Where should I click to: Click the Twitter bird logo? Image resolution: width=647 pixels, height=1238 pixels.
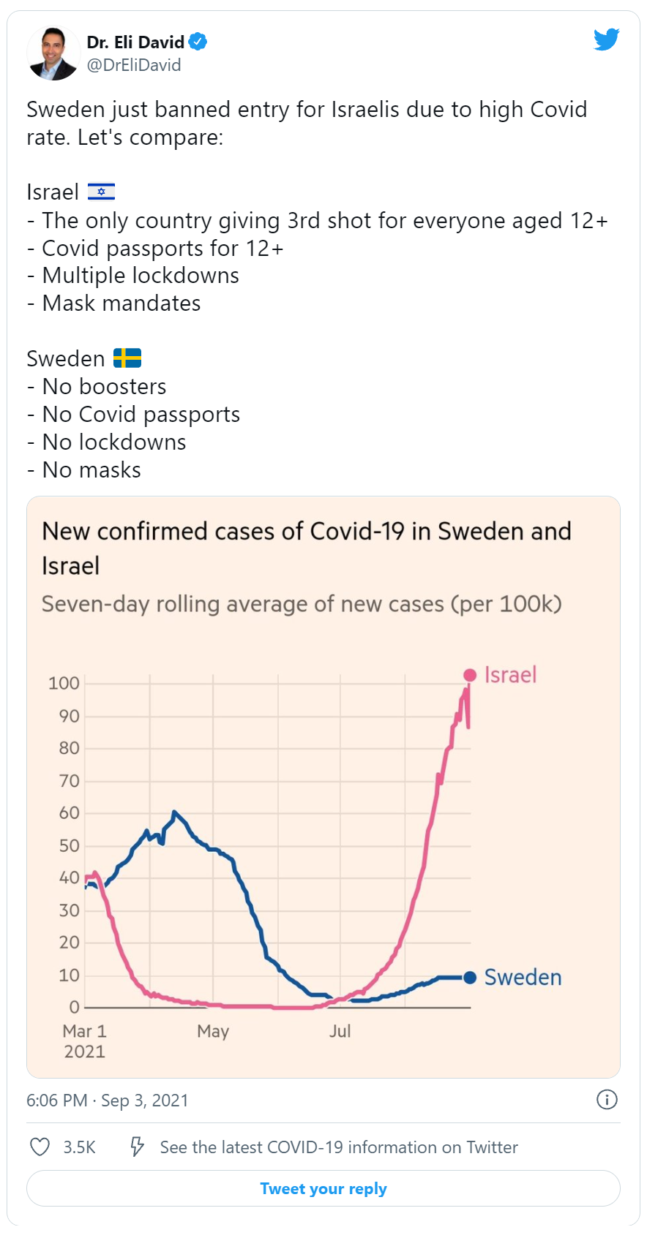click(x=607, y=39)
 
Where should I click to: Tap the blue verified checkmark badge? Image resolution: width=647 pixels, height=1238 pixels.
click(x=198, y=42)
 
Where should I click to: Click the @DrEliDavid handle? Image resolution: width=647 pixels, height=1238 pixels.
click(x=134, y=65)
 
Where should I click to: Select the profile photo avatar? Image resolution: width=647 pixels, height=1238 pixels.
click(x=53, y=53)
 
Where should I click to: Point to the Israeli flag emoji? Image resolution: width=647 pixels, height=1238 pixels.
click(x=101, y=192)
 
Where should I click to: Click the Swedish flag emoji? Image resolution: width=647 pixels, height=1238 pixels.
click(x=127, y=358)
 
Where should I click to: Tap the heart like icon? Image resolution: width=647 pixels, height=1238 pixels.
click(x=40, y=1147)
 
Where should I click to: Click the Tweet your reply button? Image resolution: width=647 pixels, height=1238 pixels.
click(x=323, y=1188)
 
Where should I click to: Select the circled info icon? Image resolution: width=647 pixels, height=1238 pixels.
click(x=607, y=1099)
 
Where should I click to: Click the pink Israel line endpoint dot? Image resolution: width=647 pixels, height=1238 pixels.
click(x=470, y=675)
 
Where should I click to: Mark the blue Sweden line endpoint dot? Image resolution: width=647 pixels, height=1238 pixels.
click(x=470, y=977)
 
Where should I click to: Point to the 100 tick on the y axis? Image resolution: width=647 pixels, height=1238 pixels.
click(x=64, y=683)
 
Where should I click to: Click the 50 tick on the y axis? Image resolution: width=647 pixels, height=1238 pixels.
click(x=69, y=845)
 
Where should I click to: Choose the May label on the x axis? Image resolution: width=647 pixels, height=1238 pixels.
click(x=213, y=1031)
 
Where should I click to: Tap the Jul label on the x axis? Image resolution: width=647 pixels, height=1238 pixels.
click(x=340, y=1031)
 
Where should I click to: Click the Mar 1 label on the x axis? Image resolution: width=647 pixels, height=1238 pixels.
click(x=84, y=1031)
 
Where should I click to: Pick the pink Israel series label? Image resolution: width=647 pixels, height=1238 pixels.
click(x=511, y=675)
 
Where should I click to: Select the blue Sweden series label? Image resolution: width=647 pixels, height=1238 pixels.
click(x=523, y=977)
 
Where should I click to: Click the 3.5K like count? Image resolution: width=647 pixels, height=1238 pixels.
click(x=79, y=1147)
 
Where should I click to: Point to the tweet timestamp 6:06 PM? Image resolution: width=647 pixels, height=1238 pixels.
click(x=56, y=1100)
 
